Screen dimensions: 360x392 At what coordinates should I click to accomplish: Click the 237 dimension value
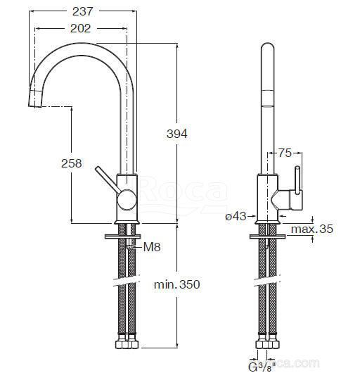coord(83,11)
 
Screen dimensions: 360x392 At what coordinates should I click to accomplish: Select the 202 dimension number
coord(80,28)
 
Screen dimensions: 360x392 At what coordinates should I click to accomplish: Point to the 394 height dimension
coord(177,134)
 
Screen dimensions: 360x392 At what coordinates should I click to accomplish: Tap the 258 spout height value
coord(72,163)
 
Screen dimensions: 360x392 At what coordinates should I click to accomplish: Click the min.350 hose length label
coord(177,284)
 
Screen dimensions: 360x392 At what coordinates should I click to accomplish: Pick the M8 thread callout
coord(152,247)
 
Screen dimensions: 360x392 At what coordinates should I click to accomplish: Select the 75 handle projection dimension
coord(285,153)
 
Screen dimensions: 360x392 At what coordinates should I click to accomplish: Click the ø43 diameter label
coord(236,216)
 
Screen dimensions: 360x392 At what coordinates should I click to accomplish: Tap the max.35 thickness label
coord(312,229)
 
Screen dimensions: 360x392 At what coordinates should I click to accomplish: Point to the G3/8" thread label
coord(262,367)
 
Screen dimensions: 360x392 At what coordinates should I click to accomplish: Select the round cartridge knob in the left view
coord(127,199)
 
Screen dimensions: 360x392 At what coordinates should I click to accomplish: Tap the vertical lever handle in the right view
coord(298,180)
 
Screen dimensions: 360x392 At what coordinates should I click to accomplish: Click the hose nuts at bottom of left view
coord(127,342)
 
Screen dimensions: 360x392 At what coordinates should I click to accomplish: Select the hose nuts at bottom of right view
coord(268,342)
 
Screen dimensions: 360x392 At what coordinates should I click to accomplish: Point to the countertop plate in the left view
coord(122,236)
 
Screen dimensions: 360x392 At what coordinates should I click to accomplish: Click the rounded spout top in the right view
coord(268,49)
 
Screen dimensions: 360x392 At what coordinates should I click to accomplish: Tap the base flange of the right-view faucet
coord(268,222)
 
